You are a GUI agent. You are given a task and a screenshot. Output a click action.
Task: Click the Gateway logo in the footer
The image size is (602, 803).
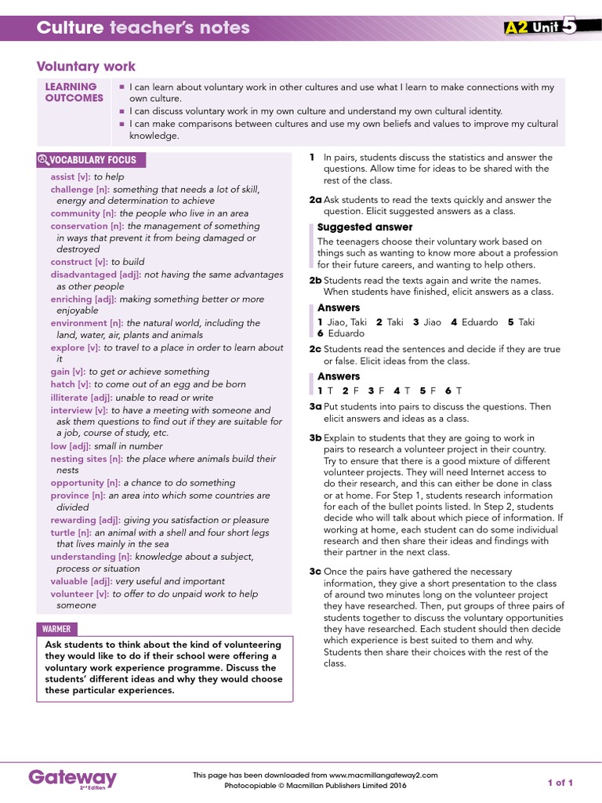tap(72, 778)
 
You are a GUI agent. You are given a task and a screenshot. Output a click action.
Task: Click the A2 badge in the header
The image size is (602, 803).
tap(517, 28)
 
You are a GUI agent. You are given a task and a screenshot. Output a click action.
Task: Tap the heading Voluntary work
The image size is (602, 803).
tap(86, 67)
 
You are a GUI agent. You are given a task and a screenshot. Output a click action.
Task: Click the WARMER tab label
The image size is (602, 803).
tap(56, 629)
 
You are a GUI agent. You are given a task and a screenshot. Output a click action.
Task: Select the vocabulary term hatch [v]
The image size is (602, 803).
tap(70, 384)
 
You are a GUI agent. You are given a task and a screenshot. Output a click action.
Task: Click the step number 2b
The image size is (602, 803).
tap(315, 280)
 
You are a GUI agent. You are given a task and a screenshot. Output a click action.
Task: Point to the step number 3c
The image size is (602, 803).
tap(315, 572)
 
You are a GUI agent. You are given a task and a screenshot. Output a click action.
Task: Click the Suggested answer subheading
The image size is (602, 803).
tap(354, 227)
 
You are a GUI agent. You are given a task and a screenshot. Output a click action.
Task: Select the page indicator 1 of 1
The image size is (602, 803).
tap(560, 783)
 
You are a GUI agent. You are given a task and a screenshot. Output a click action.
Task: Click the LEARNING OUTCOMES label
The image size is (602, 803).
tap(74, 93)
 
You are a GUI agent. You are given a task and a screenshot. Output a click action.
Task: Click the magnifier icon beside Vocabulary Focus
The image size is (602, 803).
tap(43, 160)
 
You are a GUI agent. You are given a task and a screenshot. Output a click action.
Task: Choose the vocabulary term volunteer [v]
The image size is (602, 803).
tap(79, 594)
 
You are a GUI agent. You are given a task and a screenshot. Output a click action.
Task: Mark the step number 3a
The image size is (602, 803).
tap(315, 407)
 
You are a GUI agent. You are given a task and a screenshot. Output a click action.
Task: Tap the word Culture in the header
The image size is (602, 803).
tap(71, 28)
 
